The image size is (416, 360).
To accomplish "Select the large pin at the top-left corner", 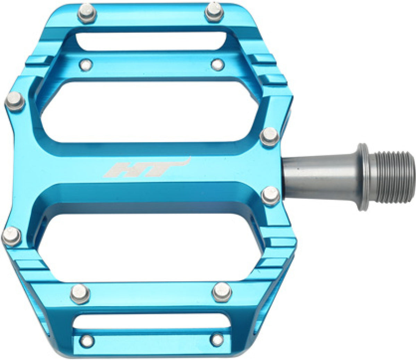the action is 87,13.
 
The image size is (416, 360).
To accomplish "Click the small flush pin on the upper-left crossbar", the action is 86,65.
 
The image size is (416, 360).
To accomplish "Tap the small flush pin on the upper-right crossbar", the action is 218,64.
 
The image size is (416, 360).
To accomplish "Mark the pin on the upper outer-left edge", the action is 15,102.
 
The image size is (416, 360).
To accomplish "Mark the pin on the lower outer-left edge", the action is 11,236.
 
